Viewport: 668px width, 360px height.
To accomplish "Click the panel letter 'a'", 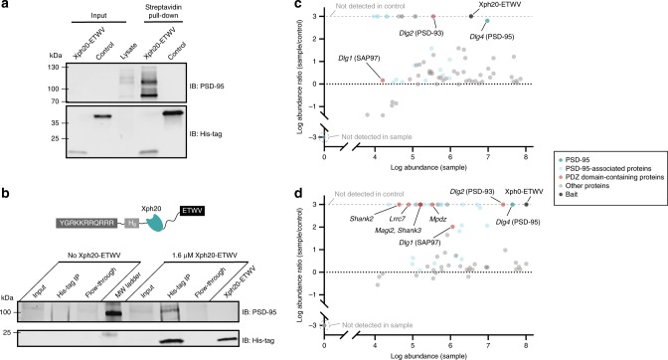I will [x=6, y=6].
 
